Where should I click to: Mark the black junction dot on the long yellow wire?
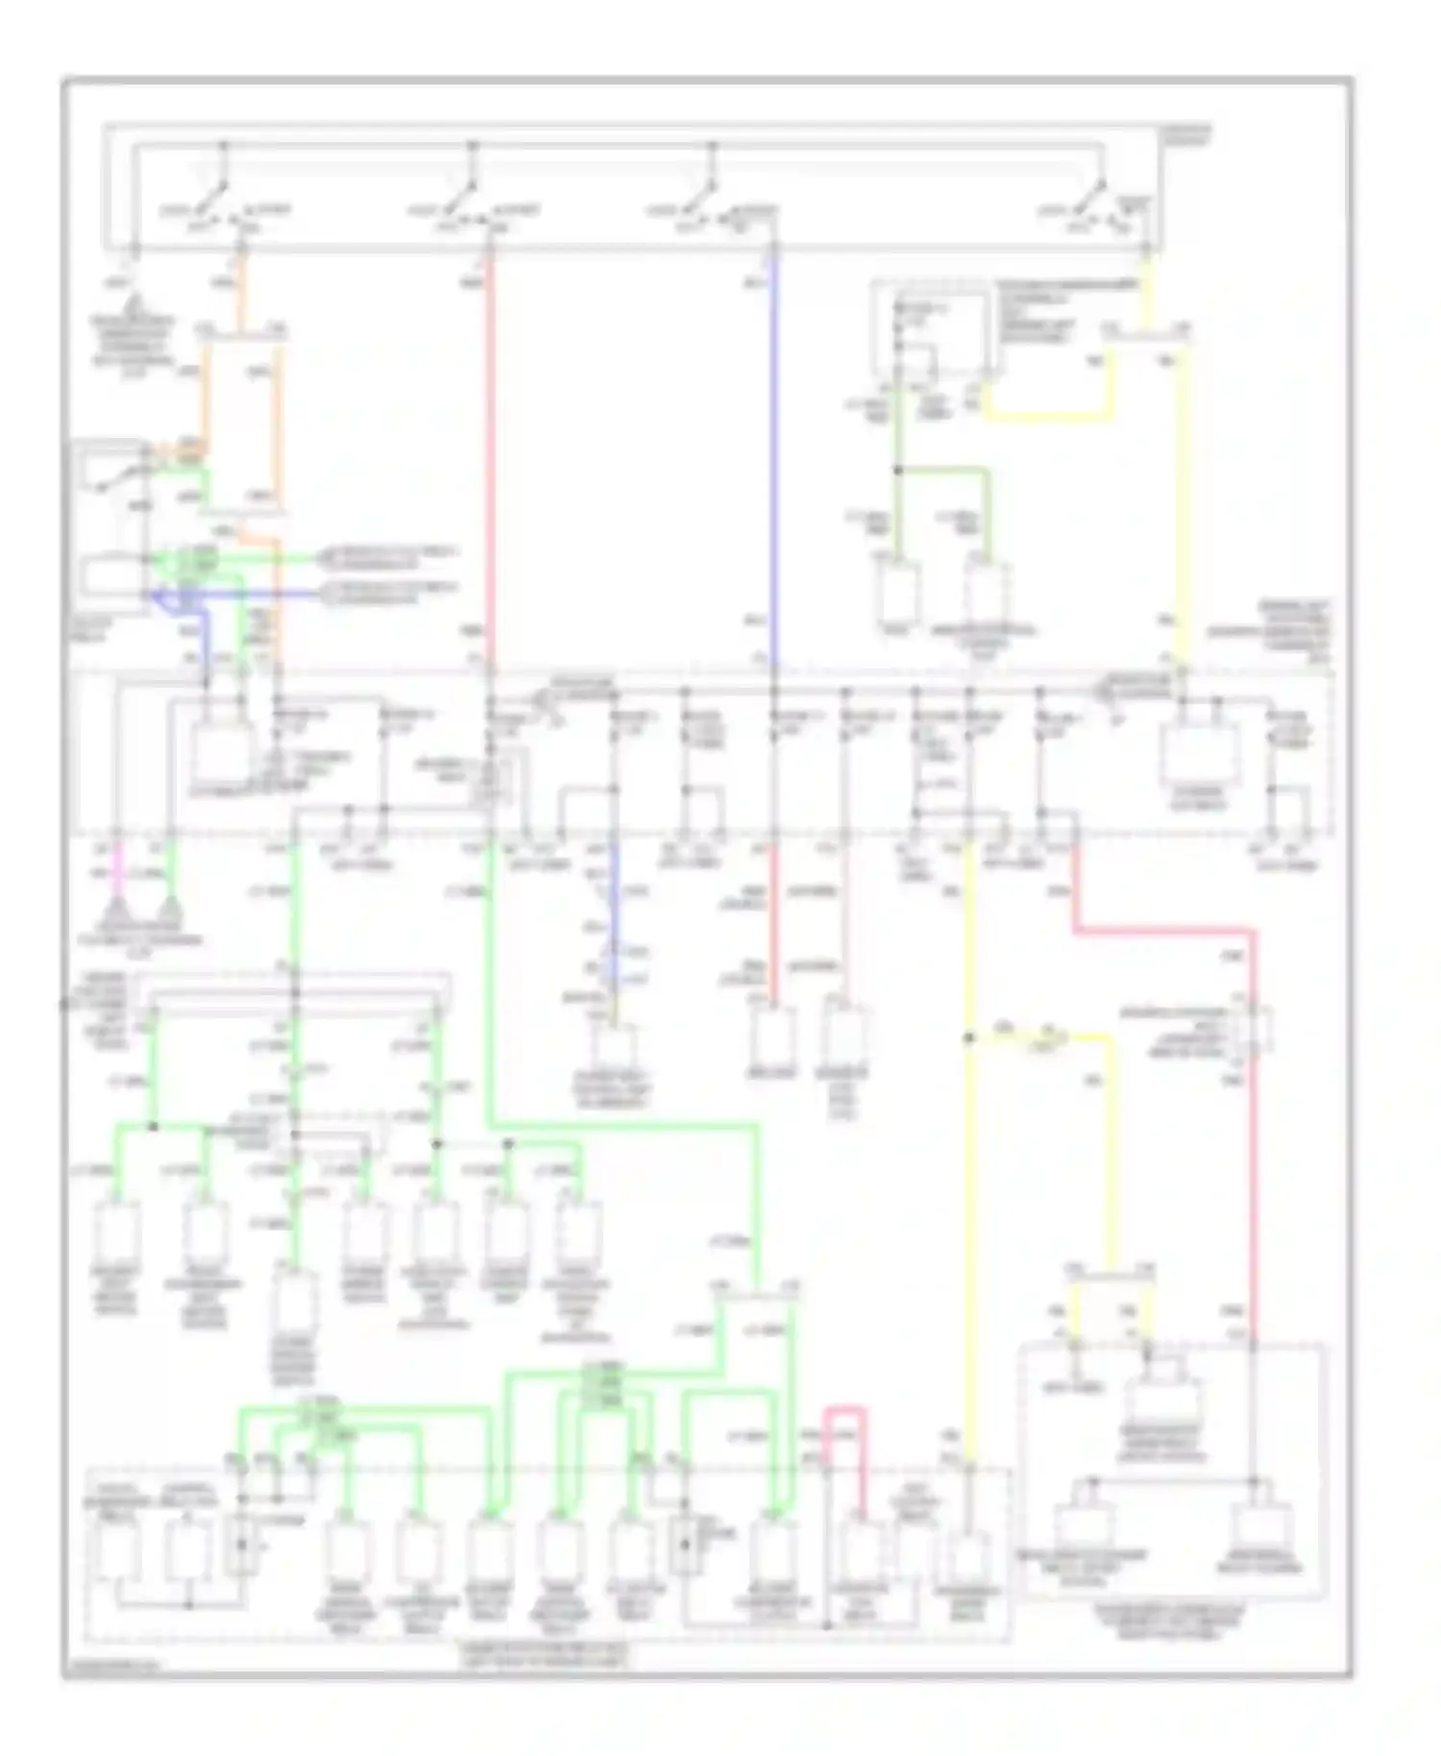pyautogui.click(x=968, y=1038)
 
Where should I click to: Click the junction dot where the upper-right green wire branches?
pyautogui.click(x=898, y=470)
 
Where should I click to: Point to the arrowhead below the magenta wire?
pyautogui.click(x=116, y=907)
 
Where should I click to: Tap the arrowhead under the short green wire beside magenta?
pyautogui.click(x=170, y=907)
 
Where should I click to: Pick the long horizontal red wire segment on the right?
pyautogui.click(x=1162, y=930)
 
